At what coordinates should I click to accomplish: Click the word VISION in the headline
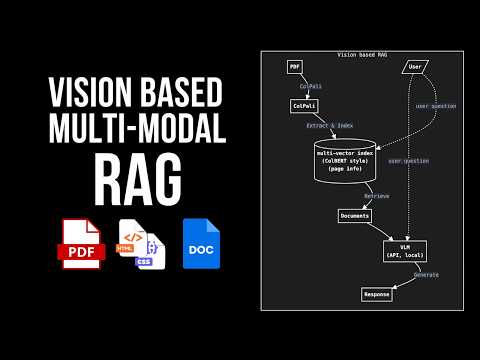pyautogui.click(x=76, y=94)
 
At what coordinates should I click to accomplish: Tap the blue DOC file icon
pyautogui.click(x=201, y=243)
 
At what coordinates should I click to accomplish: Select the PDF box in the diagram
pyautogui.click(x=295, y=67)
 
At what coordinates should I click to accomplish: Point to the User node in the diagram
pyautogui.click(x=415, y=67)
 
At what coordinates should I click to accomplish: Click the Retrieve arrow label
pyautogui.click(x=376, y=197)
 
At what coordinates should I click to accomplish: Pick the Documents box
pyautogui.click(x=354, y=216)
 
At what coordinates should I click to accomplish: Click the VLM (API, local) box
pyautogui.click(x=405, y=250)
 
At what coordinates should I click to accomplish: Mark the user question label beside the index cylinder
pyautogui.click(x=407, y=160)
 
